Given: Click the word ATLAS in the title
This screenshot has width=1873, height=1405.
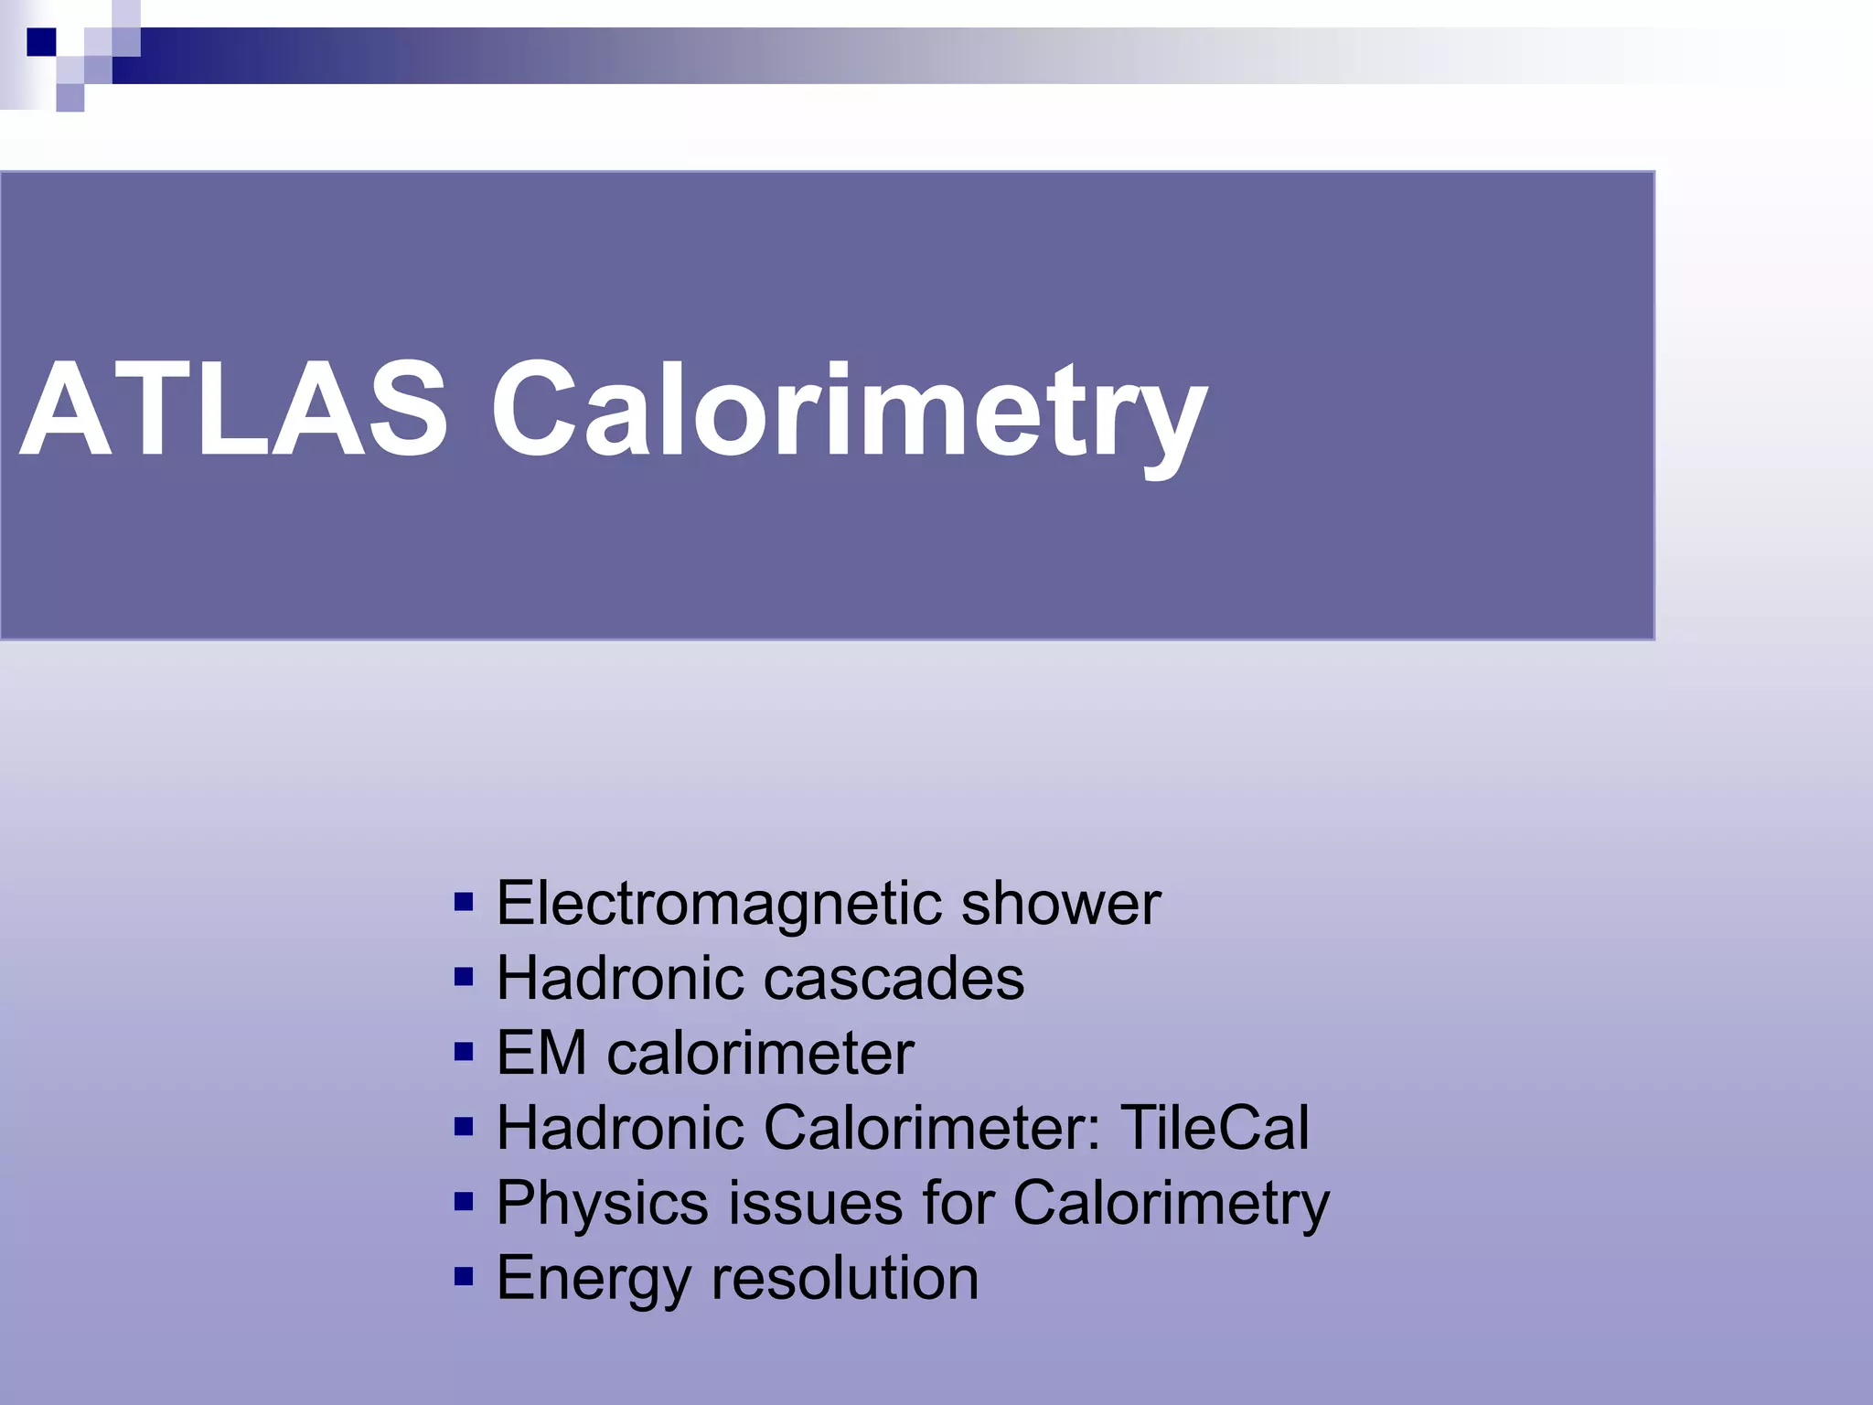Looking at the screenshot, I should [x=234, y=409].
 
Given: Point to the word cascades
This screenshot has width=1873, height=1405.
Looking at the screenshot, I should [x=894, y=979].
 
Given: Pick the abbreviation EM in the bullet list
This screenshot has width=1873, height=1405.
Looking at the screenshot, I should [x=541, y=1054].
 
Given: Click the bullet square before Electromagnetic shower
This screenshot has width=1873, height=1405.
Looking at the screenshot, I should [x=464, y=903].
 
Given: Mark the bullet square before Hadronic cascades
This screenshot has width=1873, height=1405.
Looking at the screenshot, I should [x=464, y=978].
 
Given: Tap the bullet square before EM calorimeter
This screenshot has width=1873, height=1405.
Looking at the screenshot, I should [x=464, y=1052].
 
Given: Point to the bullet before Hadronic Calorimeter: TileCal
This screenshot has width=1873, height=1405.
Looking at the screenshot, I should [x=464, y=1127].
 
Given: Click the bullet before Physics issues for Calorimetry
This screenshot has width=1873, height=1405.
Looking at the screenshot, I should [x=464, y=1201].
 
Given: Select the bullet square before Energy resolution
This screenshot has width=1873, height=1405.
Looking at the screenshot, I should [x=464, y=1276].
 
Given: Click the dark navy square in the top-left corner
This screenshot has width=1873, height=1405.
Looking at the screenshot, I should [x=41, y=42].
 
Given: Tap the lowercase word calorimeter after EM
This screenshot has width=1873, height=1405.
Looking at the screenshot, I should [x=760, y=1054].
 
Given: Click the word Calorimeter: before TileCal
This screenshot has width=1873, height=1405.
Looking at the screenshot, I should [x=932, y=1128].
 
